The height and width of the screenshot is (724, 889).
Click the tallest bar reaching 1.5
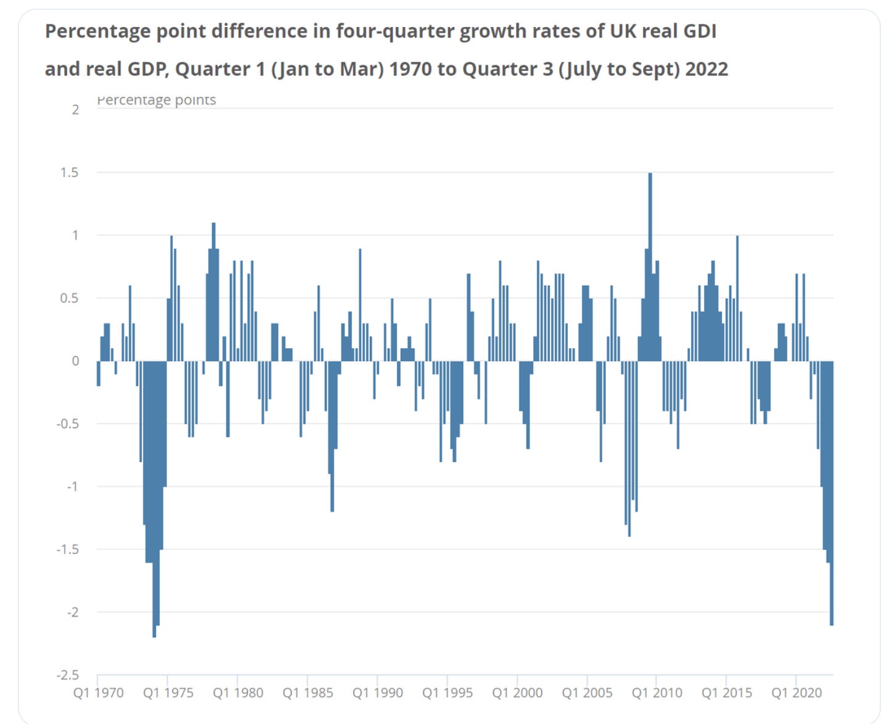pyautogui.click(x=650, y=265)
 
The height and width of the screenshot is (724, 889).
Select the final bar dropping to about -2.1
pyautogui.click(x=832, y=493)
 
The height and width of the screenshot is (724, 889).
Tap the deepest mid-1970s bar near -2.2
pyautogui.click(x=154, y=499)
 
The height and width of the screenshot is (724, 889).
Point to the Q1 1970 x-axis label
pyautogui.click(x=98, y=693)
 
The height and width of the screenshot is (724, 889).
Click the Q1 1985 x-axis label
pyautogui.click(x=308, y=693)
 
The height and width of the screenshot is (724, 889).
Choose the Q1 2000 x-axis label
pyautogui.click(x=517, y=693)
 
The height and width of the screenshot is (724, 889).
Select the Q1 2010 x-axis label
pyautogui.click(x=657, y=693)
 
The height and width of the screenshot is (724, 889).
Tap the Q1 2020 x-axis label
pyautogui.click(x=797, y=693)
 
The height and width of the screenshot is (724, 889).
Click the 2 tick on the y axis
pyautogui.click(x=75, y=110)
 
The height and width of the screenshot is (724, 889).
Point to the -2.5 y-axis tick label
pyautogui.click(x=68, y=675)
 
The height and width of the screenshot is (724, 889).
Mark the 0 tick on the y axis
pyautogui.click(x=75, y=361)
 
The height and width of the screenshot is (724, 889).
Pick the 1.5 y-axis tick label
pyautogui.click(x=69, y=173)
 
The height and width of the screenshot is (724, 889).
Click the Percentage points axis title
pyautogui.click(x=157, y=100)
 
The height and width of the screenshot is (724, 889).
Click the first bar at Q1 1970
pyautogui.click(x=99, y=373)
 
